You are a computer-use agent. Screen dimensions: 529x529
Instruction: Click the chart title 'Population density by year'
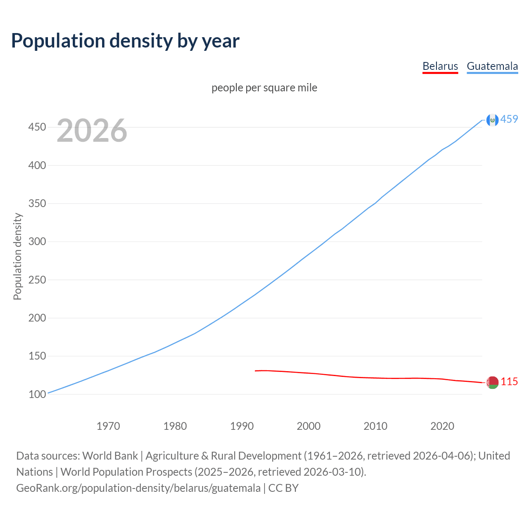pos(125,41)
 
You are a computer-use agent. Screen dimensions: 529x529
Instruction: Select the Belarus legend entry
pos(440,66)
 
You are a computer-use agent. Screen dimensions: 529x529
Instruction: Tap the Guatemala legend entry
pos(492,66)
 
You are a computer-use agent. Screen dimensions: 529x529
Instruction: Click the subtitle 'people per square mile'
pos(264,88)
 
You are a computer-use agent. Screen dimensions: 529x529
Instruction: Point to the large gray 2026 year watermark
pos(92,131)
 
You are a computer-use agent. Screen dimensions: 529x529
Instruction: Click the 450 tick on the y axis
pos(37,127)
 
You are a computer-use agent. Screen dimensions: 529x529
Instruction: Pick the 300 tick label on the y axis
pos(37,241)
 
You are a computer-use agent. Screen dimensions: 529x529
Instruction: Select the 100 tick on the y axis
pos(37,394)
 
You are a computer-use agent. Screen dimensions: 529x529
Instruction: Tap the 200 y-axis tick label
pos(37,318)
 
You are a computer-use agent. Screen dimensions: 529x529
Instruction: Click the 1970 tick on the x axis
pos(108,426)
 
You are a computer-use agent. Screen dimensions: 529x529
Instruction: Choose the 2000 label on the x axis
pos(309,426)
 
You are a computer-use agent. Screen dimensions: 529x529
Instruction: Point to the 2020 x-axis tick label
pos(442,426)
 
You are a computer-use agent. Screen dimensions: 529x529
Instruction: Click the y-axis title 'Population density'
pos(17,256)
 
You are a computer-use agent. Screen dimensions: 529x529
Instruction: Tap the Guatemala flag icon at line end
pos(492,120)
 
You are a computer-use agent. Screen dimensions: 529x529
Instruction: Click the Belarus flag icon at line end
pos(492,382)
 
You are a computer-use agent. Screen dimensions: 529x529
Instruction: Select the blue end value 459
pos(509,119)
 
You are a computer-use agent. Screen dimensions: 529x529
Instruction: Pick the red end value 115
pos(509,381)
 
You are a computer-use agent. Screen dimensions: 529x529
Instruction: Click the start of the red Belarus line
pos(256,371)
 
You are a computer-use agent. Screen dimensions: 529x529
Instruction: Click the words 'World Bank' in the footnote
pos(110,455)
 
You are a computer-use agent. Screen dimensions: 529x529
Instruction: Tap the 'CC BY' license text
pos(284,488)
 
